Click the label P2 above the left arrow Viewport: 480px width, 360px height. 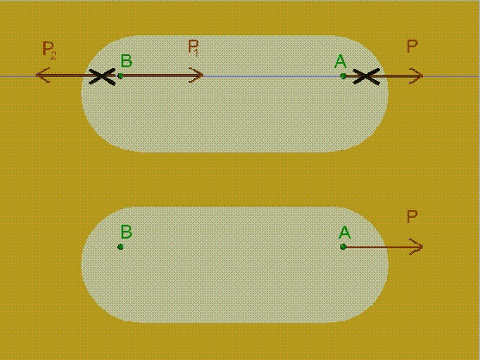click(49, 50)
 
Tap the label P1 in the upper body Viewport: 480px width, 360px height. click(194, 48)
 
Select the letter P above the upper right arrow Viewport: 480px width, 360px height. click(412, 47)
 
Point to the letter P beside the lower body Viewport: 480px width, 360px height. click(412, 216)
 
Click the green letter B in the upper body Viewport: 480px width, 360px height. click(126, 61)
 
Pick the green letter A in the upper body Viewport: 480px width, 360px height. click(340, 61)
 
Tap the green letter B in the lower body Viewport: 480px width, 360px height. click(126, 232)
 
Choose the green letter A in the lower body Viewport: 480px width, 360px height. click(345, 233)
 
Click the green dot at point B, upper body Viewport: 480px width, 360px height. click(121, 76)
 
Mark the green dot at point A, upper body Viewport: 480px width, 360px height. click(344, 76)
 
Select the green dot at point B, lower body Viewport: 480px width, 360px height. click(121, 246)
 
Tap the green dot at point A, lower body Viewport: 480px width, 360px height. click(344, 246)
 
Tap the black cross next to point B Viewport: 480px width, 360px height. click(102, 77)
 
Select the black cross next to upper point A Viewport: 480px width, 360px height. click(366, 77)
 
